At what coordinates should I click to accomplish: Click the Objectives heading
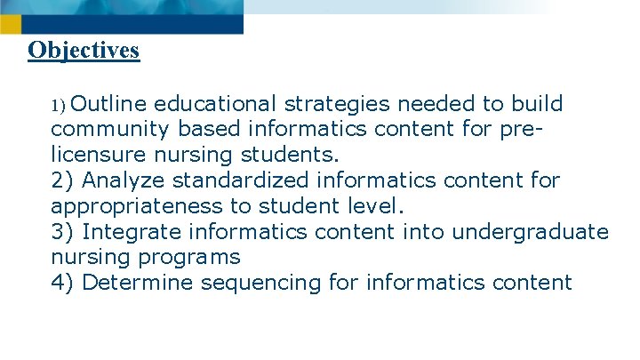click(84, 50)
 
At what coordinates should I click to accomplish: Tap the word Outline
click(101, 104)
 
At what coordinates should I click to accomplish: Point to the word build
click(537, 104)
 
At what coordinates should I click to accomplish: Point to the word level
click(376, 206)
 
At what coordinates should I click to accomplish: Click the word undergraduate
click(531, 232)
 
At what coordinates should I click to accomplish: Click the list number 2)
click(63, 180)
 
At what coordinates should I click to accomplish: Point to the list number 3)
click(63, 232)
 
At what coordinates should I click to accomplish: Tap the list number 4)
click(63, 284)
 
